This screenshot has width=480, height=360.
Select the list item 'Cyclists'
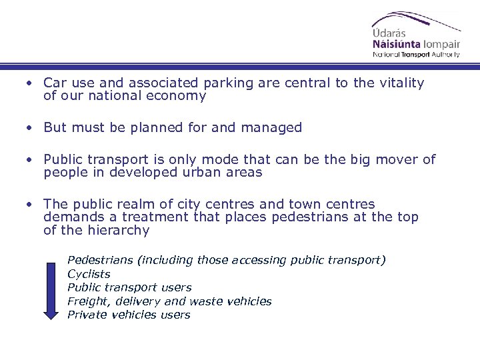click(89, 274)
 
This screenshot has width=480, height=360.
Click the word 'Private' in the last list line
click(85, 315)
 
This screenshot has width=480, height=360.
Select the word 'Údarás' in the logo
click(389, 31)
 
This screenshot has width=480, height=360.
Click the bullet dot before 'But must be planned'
click(30, 127)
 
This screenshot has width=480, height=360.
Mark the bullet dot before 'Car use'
click(30, 83)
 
